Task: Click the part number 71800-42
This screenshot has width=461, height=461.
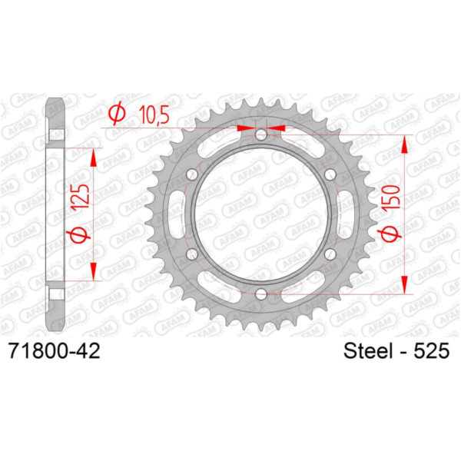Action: click(x=55, y=351)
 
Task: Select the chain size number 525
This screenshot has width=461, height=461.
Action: click(x=432, y=351)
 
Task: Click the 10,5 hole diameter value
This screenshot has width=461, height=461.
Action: click(x=154, y=114)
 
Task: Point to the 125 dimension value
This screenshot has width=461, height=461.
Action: click(x=80, y=197)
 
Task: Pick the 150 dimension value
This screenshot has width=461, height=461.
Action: click(x=391, y=197)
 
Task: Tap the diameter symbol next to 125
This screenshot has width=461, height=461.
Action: click(x=78, y=234)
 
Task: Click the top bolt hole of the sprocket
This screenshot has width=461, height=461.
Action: click(x=260, y=135)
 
